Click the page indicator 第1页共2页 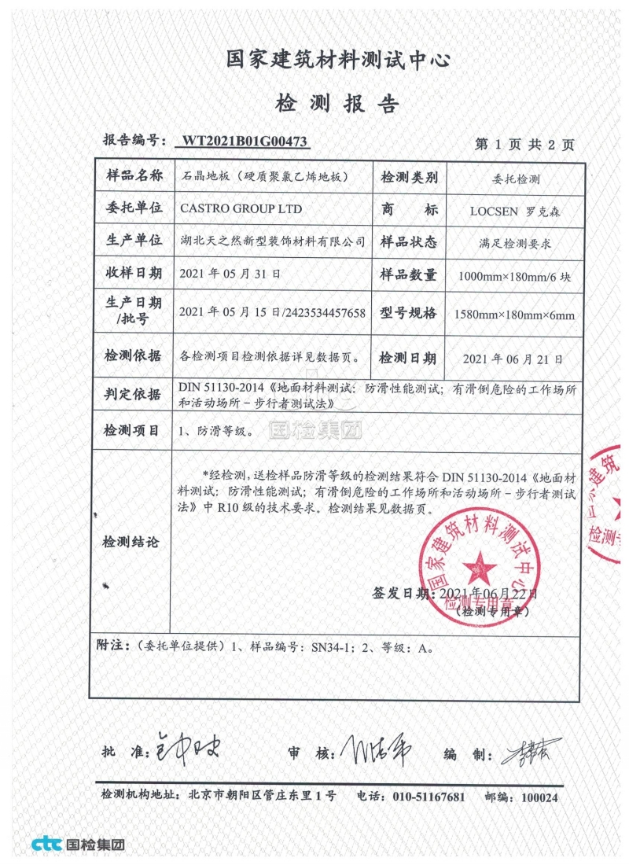pyautogui.click(x=525, y=145)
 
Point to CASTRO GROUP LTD pyautogui.click(x=230, y=209)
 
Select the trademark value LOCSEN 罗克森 pyautogui.click(x=515, y=211)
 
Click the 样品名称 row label pyautogui.click(x=134, y=175)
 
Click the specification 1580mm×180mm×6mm pyautogui.click(x=515, y=315)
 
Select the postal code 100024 pyautogui.click(x=539, y=797)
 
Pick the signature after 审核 pyautogui.click(x=376, y=749)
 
